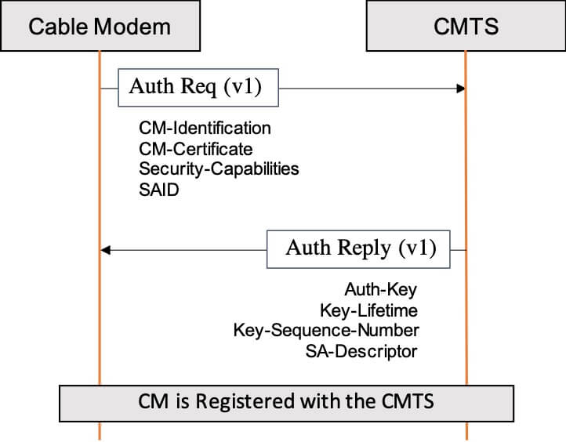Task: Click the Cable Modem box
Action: pyautogui.click(x=100, y=27)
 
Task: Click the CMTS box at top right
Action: pyautogui.click(x=465, y=27)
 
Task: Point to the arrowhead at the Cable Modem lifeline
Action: pyautogui.click(x=106, y=250)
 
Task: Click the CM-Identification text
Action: pyautogui.click(x=205, y=128)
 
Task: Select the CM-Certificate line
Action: pyautogui.click(x=195, y=148)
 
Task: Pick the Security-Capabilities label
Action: pyautogui.click(x=219, y=168)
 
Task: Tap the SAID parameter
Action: pyautogui.click(x=159, y=189)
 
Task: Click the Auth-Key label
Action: pyautogui.click(x=381, y=290)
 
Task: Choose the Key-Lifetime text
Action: pyautogui.click(x=368, y=310)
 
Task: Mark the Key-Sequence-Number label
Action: pyautogui.click(x=325, y=331)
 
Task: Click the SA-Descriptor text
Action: pyautogui.click(x=361, y=351)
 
